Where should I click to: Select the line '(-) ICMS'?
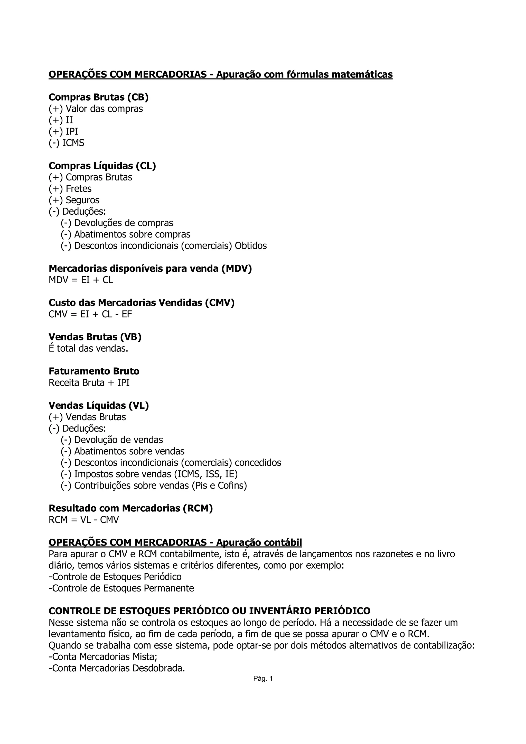click(x=67, y=143)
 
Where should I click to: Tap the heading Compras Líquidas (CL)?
click(x=102, y=166)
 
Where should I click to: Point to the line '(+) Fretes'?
click(x=70, y=189)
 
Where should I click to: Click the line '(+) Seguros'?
click(x=74, y=200)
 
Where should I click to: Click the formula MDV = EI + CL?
click(x=81, y=280)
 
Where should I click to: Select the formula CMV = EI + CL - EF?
click(x=90, y=314)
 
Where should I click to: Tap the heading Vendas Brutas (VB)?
click(x=95, y=337)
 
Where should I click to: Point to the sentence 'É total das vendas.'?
click(x=88, y=349)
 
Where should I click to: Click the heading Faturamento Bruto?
click(x=94, y=371)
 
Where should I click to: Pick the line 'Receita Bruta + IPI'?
click(x=89, y=383)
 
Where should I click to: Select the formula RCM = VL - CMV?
click(x=84, y=520)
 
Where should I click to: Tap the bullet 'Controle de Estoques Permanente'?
click(x=121, y=588)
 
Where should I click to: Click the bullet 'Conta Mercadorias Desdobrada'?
click(x=117, y=668)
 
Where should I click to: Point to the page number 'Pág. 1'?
click(x=263, y=679)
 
